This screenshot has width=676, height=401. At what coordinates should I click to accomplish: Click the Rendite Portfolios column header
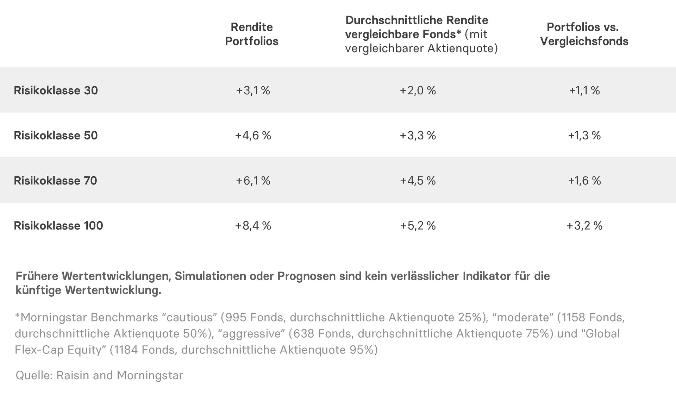coord(251,34)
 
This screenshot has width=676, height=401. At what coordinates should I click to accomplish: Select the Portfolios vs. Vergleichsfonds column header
coord(584,34)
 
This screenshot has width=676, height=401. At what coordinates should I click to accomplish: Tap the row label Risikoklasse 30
coord(56,90)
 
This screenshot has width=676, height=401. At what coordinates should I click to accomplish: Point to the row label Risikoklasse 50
coord(56,136)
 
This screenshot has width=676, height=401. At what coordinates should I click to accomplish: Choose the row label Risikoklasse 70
coord(55,181)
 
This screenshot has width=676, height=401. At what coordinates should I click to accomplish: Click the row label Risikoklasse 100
coord(58,226)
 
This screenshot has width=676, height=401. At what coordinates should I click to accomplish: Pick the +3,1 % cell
coord(253,90)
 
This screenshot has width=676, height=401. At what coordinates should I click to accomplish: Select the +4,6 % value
coord(253,136)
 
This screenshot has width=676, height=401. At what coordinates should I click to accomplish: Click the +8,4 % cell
coord(253,226)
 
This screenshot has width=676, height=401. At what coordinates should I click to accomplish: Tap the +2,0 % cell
coord(418,90)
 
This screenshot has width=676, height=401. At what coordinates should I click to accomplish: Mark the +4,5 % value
coord(418,181)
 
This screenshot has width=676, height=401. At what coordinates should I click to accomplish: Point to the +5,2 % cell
coord(418,226)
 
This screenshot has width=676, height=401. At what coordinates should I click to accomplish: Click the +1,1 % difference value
coord(584,90)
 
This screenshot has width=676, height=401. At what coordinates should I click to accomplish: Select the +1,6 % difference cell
coord(584,181)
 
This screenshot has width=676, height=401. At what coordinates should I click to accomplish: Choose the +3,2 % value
coord(584,226)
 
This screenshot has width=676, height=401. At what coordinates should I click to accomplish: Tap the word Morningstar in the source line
coord(150,375)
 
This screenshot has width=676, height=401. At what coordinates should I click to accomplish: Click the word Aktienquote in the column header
coord(458,48)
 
